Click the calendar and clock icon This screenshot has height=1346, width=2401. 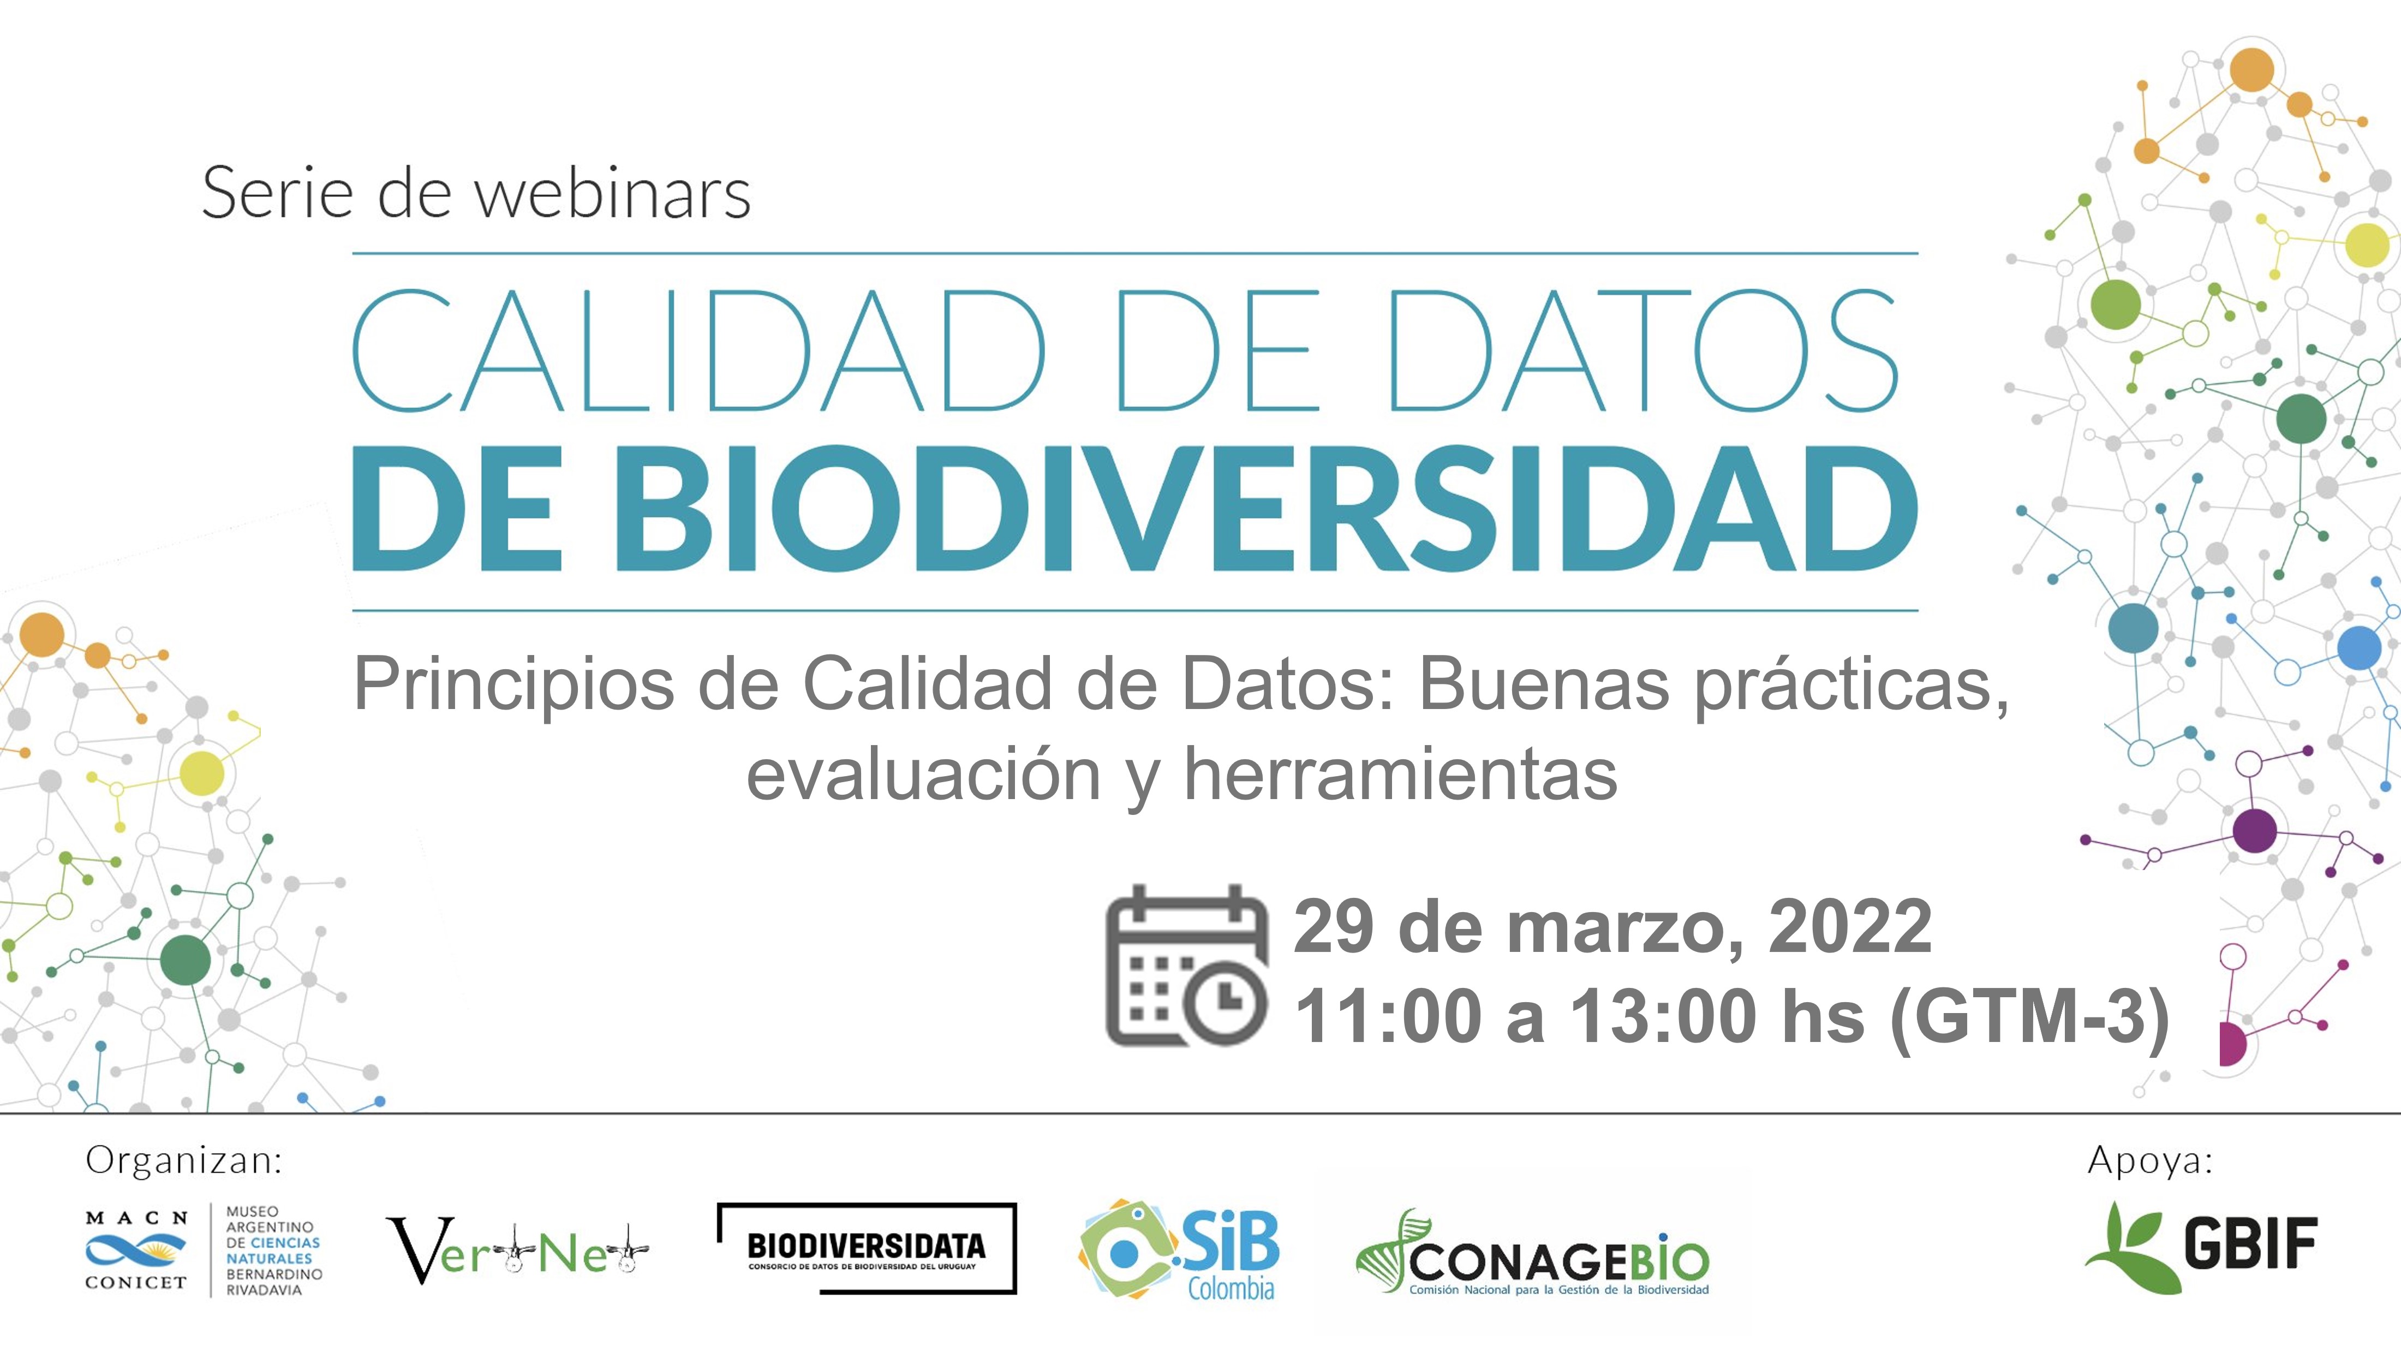[1186, 965]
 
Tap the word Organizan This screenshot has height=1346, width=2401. [183, 1160]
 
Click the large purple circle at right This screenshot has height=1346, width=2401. [2255, 830]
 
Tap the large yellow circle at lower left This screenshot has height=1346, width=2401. [201, 773]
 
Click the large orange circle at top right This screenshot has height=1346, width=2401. [2252, 70]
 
